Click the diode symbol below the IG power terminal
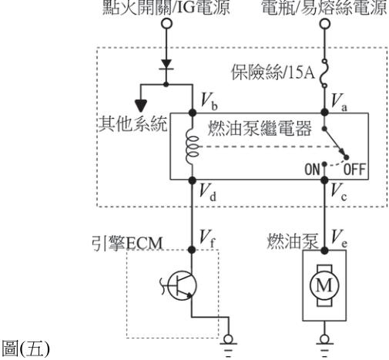[166, 65]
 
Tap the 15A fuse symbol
[324, 73]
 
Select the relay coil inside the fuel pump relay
[193, 147]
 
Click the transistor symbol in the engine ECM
[182, 285]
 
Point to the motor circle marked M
[324, 285]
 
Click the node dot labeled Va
[324, 113]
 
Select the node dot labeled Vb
[193, 113]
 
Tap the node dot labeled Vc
[324, 180]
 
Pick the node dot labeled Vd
[192, 180]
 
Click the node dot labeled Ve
[324, 251]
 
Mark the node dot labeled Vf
[192, 250]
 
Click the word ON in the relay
[312, 170]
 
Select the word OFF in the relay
[354, 170]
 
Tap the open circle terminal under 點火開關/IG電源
[166, 24]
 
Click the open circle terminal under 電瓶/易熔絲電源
[324, 24]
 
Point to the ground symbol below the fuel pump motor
[324, 345]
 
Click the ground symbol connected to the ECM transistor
[228, 345]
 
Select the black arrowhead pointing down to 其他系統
[141, 106]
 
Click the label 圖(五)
[25, 348]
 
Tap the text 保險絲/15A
[273, 72]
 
